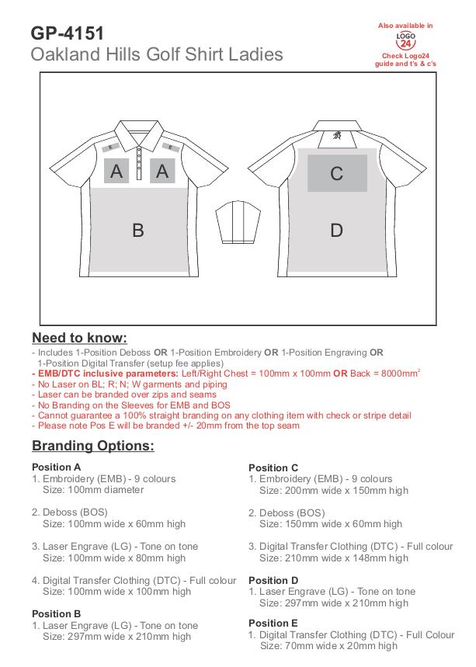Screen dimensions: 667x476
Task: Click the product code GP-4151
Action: pyautogui.click(x=68, y=33)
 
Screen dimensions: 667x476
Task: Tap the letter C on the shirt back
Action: pyautogui.click(x=336, y=173)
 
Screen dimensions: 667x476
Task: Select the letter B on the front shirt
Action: pyautogui.click(x=138, y=230)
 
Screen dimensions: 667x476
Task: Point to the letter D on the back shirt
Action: pyautogui.click(x=336, y=230)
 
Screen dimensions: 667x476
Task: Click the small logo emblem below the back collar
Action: pyautogui.click(x=337, y=135)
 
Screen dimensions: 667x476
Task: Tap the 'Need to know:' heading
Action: pyautogui.click(x=79, y=339)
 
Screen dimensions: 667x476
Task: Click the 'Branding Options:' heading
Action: pyautogui.click(x=93, y=446)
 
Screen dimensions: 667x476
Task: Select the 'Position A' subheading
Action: pyautogui.click(x=56, y=467)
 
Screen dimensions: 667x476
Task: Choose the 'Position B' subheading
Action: pyautogui.click(x=56, y=613)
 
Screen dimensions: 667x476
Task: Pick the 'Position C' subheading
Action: pyautogui.click(x=273, y=467)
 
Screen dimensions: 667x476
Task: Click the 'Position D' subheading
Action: pyautogui.click(x=273, y=580)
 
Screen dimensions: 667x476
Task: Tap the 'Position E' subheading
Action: pyautogui.click(x=273, y=623)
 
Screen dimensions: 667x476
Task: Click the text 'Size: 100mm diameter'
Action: pyautogui.click(x=93, y=490)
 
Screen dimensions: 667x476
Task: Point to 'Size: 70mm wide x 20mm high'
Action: pyautogui.click(x=328, y=646)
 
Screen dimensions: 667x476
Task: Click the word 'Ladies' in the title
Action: pyautogui.click(x=256, y=55)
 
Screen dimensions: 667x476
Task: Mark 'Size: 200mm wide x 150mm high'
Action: pyautogui.click(x=334, y=491)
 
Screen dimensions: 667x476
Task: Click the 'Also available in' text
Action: pyautogui.click(x=405, y=26)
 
